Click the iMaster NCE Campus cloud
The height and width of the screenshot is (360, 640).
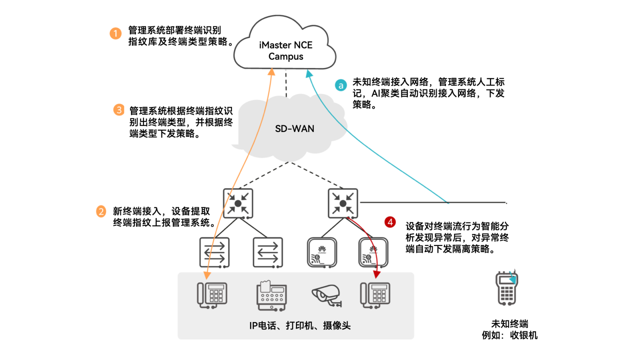tap(285, 46)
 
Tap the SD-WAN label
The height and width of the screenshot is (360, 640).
tap(294, 129)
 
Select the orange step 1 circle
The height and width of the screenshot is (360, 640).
tap(116, 33)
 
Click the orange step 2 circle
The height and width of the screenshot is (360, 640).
tap(101, 211)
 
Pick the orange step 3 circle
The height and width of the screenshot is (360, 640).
tap(119, 110)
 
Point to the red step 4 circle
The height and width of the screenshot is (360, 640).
tap(390, 222)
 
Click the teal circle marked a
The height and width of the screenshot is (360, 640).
tap(341, 85)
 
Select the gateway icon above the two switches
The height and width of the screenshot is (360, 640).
tap(238, 204)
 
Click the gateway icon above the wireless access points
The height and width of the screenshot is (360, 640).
tap(343, 204)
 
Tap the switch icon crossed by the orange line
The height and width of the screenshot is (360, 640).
tap(215, 252)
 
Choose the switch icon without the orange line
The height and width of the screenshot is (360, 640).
tap(268, 252)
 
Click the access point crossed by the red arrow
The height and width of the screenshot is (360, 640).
tap(373, 252)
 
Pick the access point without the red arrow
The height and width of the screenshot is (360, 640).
tap(322, 252)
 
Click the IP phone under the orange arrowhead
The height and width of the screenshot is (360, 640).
tap(212, 295)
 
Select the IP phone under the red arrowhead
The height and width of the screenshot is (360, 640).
tap(375, 295)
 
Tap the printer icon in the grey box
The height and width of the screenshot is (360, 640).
tap(272, 296)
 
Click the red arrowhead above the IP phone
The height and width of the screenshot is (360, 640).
tap(376, 274)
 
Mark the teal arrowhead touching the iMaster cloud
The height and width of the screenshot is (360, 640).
tap(308, 74)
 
